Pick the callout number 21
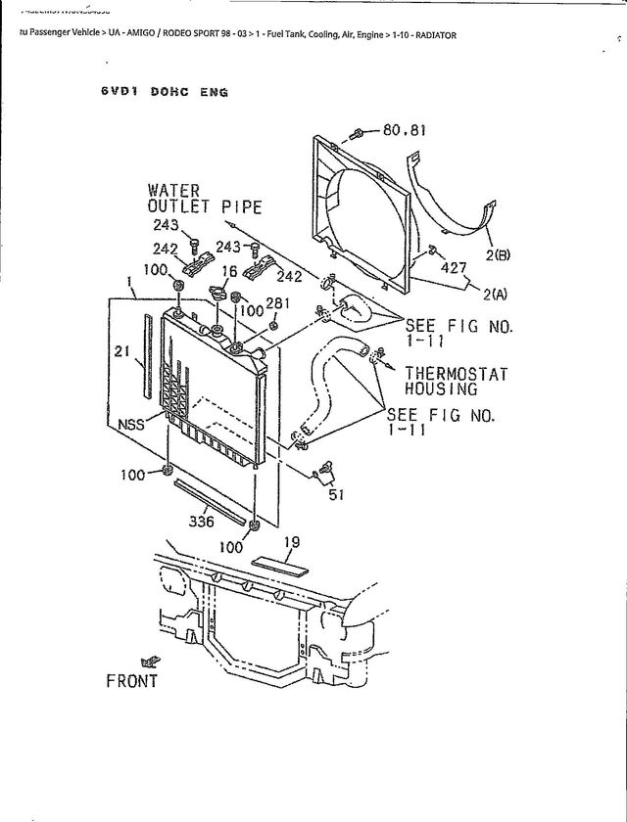pyautogui.click(x=122, y=352)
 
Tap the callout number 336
pyautogui.click(x=202, y=521)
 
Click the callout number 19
pyautogui.click(x=291, y=541)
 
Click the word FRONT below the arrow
pyautogui.click(x=131, y=681)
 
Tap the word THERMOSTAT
pyautogui.click(x=457, y=373)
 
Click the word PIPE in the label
pyautogui.click(x=241, y=206)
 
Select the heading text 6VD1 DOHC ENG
pyautogui.click(x=164, y=92)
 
